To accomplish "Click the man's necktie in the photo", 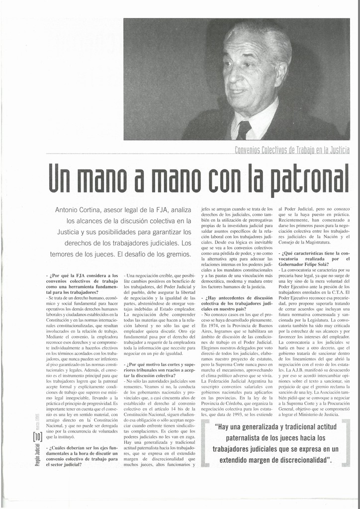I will pyautogui.click(x=244, y=130).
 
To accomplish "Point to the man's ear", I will pyautogui.click(x=279, y=74).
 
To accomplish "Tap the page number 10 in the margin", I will pyautogui.click(x=37, y=437).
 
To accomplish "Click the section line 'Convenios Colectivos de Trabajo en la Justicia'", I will pyautogui.click(x=291, y=150).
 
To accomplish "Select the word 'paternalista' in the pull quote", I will pyautogui.click(x=252, y=438).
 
